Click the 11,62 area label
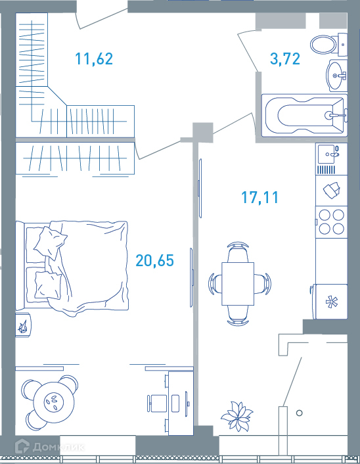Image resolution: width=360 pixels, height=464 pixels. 94,58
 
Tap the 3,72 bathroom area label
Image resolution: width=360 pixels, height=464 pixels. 285,58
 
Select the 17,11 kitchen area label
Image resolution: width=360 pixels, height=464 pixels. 259,197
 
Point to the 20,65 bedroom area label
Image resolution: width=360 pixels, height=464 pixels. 155,260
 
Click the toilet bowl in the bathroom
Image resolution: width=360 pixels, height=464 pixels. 324,45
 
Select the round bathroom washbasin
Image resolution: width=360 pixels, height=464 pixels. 336,76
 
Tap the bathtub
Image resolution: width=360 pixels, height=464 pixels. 304,116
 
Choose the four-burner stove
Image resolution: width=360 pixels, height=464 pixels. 331,221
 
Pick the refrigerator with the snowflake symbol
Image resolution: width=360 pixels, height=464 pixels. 331,302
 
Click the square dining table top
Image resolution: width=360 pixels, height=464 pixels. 238,283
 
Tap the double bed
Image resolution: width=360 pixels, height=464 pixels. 72,268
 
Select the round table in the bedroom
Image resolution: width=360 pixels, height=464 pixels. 54,402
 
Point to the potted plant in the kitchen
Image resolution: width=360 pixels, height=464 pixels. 237,417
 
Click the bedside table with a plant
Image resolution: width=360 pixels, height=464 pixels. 22,325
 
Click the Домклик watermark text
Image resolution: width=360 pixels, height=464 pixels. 58,447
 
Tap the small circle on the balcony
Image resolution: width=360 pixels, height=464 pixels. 299,413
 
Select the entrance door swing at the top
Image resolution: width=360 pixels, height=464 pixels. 101,19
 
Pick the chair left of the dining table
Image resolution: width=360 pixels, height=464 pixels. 215,284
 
